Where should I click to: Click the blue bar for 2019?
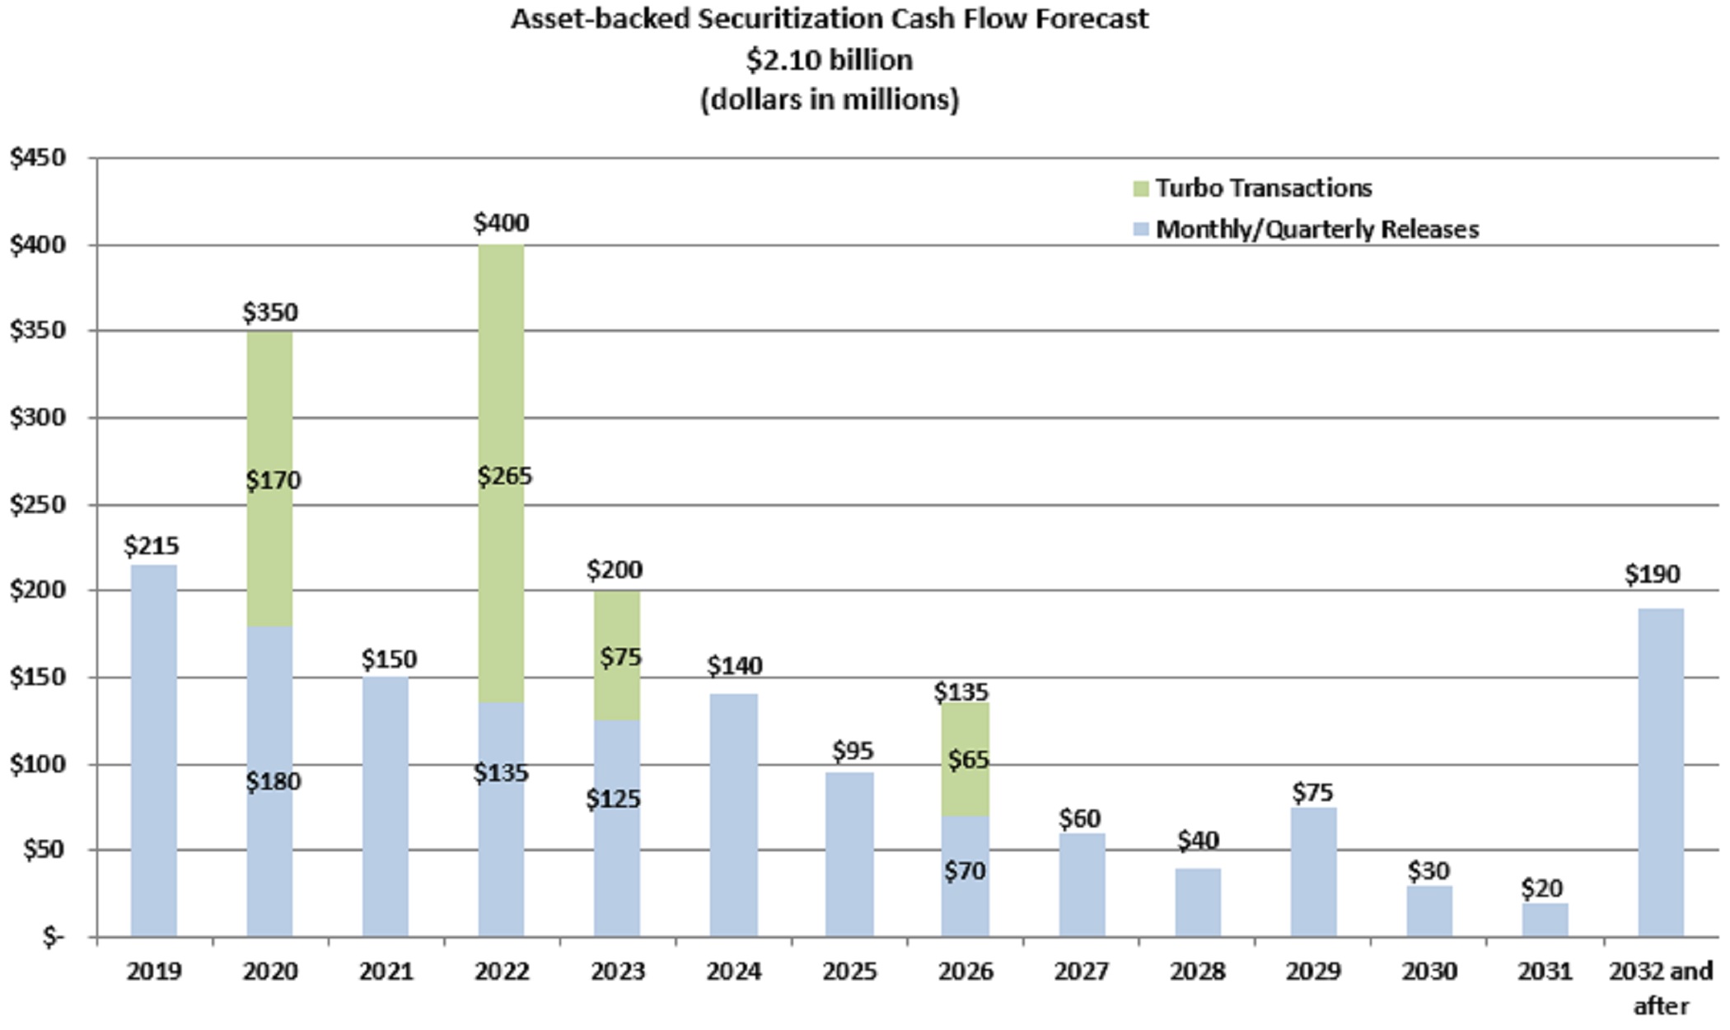coord(154,749)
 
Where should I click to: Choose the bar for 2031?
coord(1545,920)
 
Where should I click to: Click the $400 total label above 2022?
coord(501,222)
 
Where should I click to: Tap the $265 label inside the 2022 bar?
coord(505,476)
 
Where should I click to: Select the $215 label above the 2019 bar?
coord(152,545)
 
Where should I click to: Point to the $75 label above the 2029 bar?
coord(1312,792)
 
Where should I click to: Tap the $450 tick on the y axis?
coord(38,157)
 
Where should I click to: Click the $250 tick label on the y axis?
coord(38,504)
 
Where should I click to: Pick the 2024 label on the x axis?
coord(733,972)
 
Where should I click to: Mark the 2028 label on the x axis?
coord(1197,972)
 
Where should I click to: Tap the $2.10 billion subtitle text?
coord(830,59)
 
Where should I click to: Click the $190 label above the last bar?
coord(1652,574)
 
